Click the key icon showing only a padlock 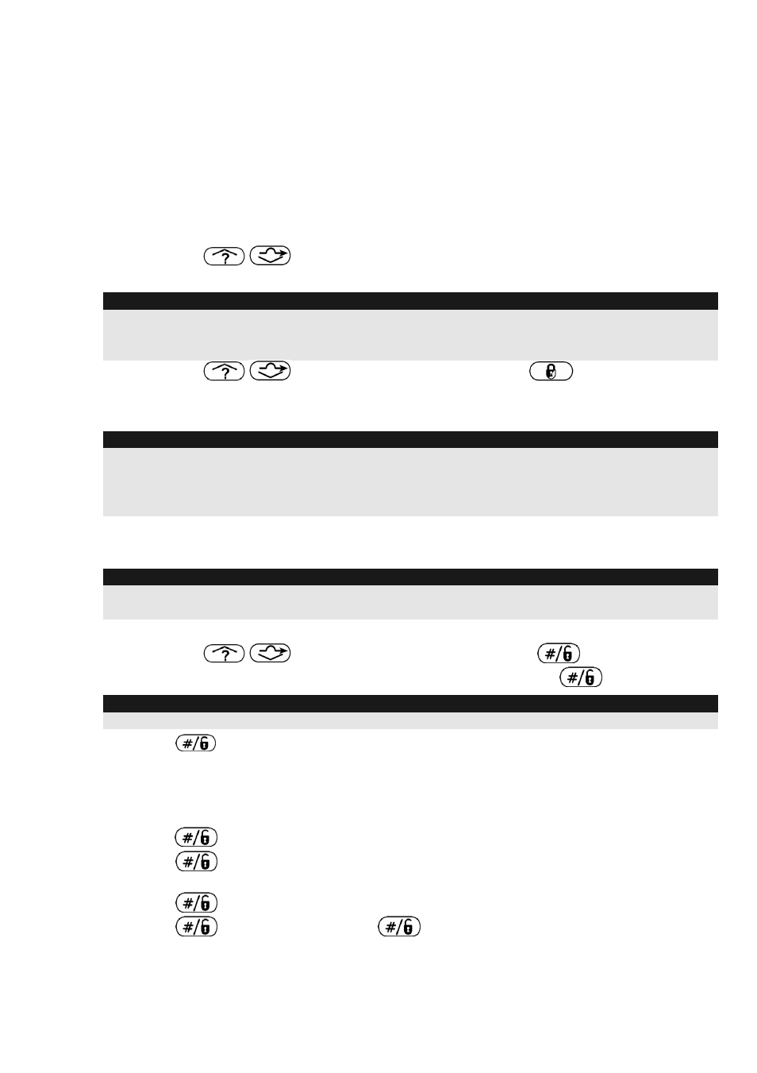tap(551, 371)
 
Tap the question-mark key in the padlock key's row tap(224, 371)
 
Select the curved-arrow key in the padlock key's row tap(271, 371)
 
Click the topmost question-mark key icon tap(224, 257)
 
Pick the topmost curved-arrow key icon tap(271, 255)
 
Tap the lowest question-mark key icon tap(224, 654)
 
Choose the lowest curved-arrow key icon tap(271, 653)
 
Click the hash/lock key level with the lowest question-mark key tap(559, 654)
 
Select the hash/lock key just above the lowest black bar tap(581, 677)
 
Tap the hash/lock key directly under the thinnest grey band tap(196, 743)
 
